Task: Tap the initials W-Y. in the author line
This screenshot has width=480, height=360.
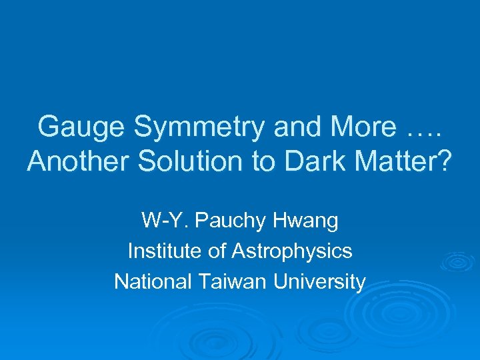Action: point(160,220)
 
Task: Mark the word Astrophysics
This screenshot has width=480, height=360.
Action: point(291,251)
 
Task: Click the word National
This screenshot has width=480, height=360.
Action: point(153,282)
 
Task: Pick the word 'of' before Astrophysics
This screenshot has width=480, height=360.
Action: point(215,251)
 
